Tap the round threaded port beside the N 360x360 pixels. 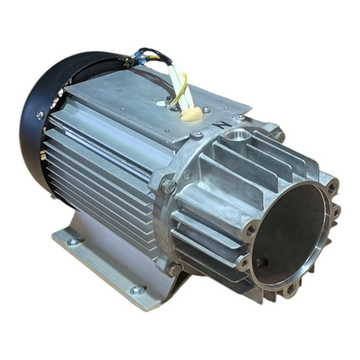(x=236, y=139)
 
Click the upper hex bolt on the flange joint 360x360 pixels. (x=167, y=185)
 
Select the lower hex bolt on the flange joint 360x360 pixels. (x=173, y=268)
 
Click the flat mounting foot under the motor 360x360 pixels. (x=102, y=266)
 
